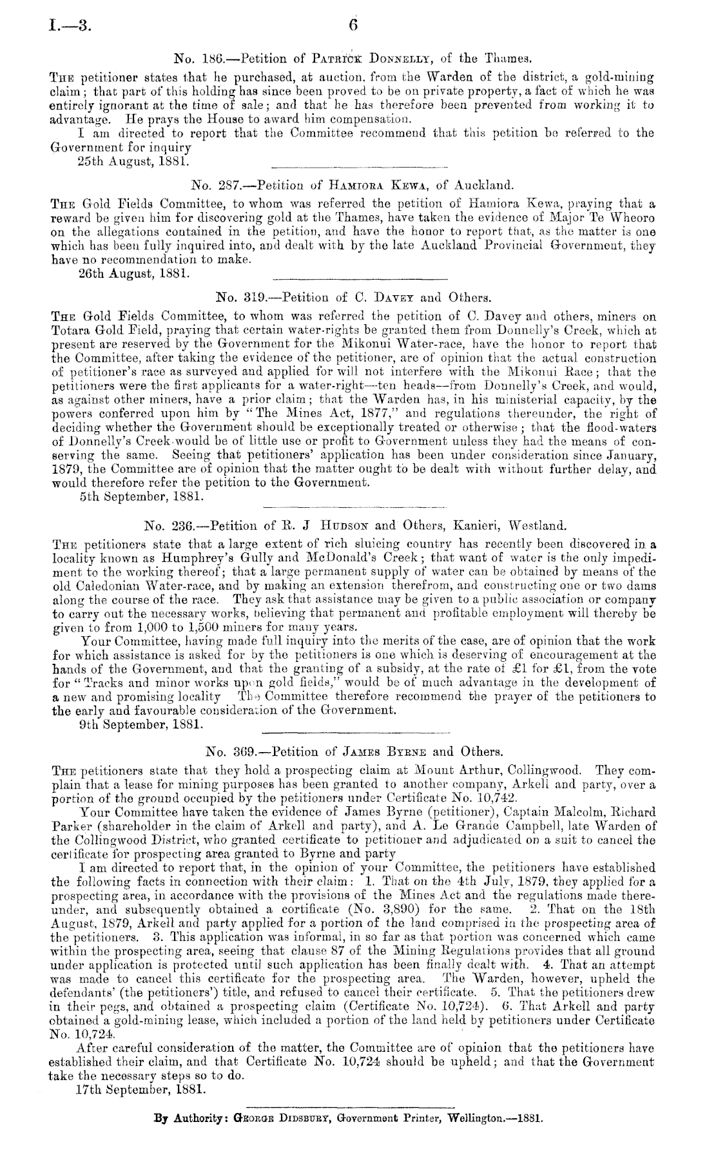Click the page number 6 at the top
[353, 25]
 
